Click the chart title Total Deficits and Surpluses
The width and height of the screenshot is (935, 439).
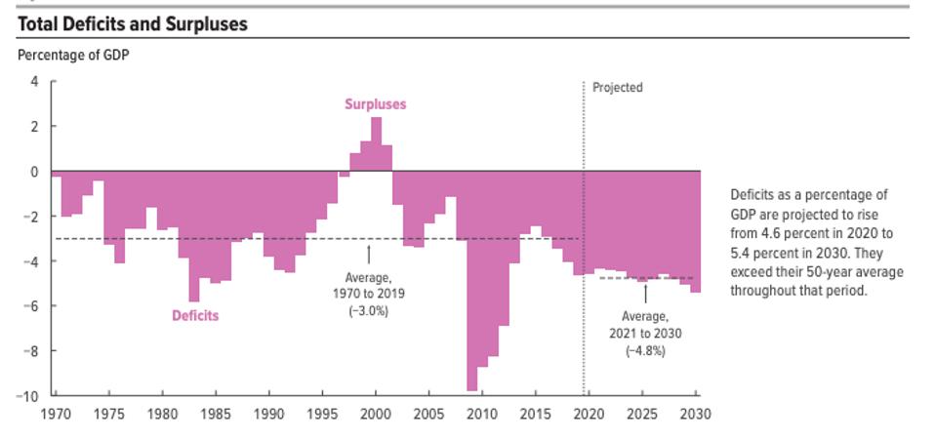pyautogui.click(x=133, y=24)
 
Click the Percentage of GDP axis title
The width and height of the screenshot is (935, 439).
pyautogui.click(x=73, y=56)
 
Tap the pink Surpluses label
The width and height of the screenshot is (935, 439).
pyautogui.click(x=375, y=103)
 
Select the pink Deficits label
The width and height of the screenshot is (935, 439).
pyautogui.click(x=195, y=315)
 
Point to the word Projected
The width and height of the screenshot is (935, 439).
pyautogui.click(x=618, y=88)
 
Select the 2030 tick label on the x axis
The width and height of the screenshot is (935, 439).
pyautogui.click(x=696, y=413)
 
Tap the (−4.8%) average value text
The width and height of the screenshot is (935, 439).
pyautogui.click(x=644, y=350)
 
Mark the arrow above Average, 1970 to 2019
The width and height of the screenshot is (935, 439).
pyautogui.click(x=369, y=254)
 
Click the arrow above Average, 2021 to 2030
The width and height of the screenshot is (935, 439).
pyautogui.click(x=644, y=293)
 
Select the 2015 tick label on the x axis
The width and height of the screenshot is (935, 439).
pyautogui.click(x=535, y=413)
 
